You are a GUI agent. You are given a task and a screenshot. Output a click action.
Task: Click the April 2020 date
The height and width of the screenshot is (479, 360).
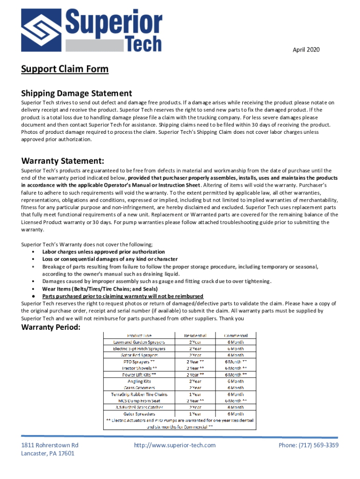[x=306, y=50]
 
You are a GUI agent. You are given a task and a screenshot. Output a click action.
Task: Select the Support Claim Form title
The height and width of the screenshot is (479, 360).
[x=65, y=69]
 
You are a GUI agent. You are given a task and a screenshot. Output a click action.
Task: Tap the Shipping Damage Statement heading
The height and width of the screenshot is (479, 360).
[x=76, y=93]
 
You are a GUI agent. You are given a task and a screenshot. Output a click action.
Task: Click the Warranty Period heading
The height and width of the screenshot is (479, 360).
[x=50, y=327]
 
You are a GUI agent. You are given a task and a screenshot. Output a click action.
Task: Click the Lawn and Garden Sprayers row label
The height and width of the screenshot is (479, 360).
[x=139, y=342]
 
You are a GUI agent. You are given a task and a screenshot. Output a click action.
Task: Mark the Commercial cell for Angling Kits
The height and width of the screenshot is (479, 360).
[x=236, y=381]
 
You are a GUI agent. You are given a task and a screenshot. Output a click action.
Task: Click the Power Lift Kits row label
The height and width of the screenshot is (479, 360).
[x=139, y=375]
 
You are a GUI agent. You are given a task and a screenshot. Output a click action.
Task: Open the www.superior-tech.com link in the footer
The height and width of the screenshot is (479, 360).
[x=174, y=445]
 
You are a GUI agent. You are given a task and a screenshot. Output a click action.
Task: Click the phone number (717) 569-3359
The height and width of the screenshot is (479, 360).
[x=309, y=445]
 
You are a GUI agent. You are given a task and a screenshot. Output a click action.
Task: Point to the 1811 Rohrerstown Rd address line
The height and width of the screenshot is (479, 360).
[x=50, y=445]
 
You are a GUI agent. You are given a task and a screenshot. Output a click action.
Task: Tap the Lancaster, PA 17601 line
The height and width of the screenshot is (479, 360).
[x=47, y=453]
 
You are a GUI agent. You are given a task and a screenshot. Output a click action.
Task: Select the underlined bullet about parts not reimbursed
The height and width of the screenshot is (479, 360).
[x=122, y=296]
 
